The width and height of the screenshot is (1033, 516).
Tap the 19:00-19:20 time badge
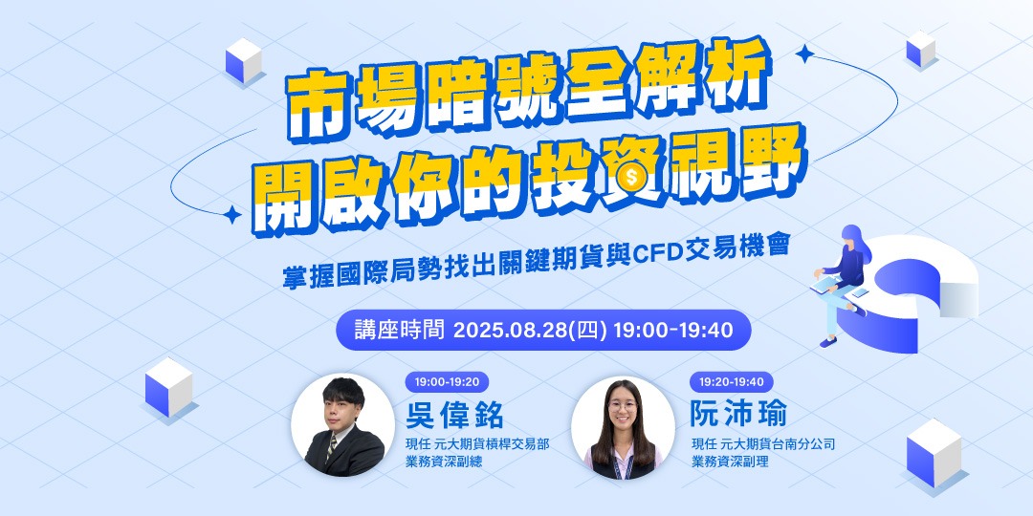tap(447, 381)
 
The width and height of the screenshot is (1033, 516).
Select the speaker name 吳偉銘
tap(454, 416)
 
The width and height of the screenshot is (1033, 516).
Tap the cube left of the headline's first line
tap(244, 59)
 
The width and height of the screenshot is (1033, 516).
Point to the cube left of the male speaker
tap(168, 389)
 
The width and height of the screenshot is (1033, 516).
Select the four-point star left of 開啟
tap(231, 212)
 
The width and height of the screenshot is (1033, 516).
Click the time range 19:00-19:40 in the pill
tap(673, 331)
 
